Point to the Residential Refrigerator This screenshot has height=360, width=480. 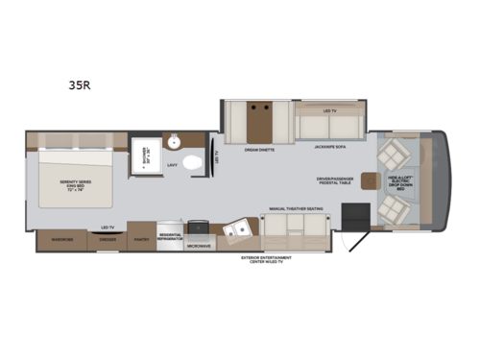pyautogui.click(x=169, y=236)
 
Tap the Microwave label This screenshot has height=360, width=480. pyautogui.click(x=201, y=247)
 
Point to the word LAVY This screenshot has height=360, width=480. pyautogui.click(x=174, y=166)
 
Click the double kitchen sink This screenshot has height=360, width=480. pyautogui.click(x=237, y=231)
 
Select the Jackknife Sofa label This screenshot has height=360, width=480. pyautogui.click(x=329, y=148)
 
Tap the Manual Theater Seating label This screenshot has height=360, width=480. pyautogui.click(x=296, y=208)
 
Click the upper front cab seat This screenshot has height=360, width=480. pyautogui.click(x=396, y=154)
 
